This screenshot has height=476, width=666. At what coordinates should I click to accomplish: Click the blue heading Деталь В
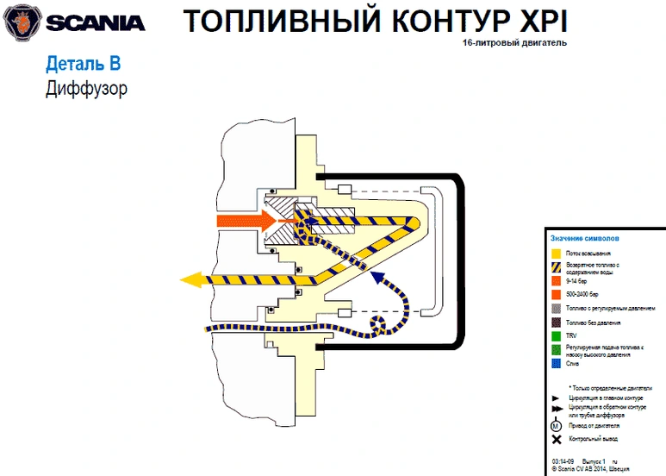(82, 64)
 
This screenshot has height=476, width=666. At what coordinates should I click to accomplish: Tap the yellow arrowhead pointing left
(191, 279)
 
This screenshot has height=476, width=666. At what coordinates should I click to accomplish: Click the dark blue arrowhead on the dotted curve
(377, 278)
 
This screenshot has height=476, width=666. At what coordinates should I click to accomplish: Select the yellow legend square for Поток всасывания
(557, 254)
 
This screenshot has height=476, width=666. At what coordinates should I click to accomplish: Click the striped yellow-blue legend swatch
(557, 267)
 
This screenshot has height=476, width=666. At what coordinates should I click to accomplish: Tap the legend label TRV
(571, 335)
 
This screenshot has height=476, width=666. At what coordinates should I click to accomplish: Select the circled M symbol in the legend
(557, 425)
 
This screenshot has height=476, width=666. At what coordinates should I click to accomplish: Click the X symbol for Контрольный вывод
(557, 440)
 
